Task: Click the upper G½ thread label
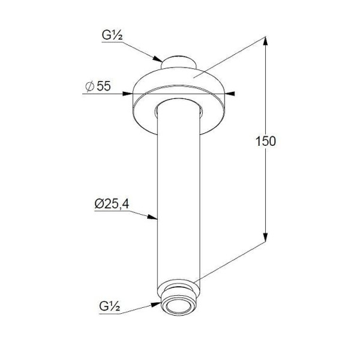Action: pyautogui.click(x=112, y=35)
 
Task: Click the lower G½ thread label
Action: pyautogui.click(x=110, y=306)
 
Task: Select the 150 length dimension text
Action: pyautogui.click(x=266, y=141)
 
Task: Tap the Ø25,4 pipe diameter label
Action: pyautogui.click(x=112, y=203)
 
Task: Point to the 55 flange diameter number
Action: pyautogui.click(x=104, y=86)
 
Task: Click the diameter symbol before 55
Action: pyautogui.click(x=90, y=86)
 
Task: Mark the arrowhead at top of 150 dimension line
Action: pyautogui.click(x=265, y=41)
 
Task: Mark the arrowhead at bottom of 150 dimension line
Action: pyautogui.click(x=265, y=237)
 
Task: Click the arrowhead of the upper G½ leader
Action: pyautogui.click(x=158, y=59)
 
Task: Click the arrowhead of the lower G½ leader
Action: pyautogui.click(x=155, y=304)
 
